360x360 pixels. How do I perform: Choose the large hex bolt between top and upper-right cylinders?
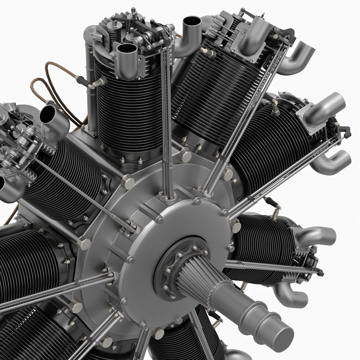coord(185,155)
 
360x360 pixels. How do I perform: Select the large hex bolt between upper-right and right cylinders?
coord(227,174)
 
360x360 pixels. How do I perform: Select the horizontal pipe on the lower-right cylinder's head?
coord(313,233)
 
